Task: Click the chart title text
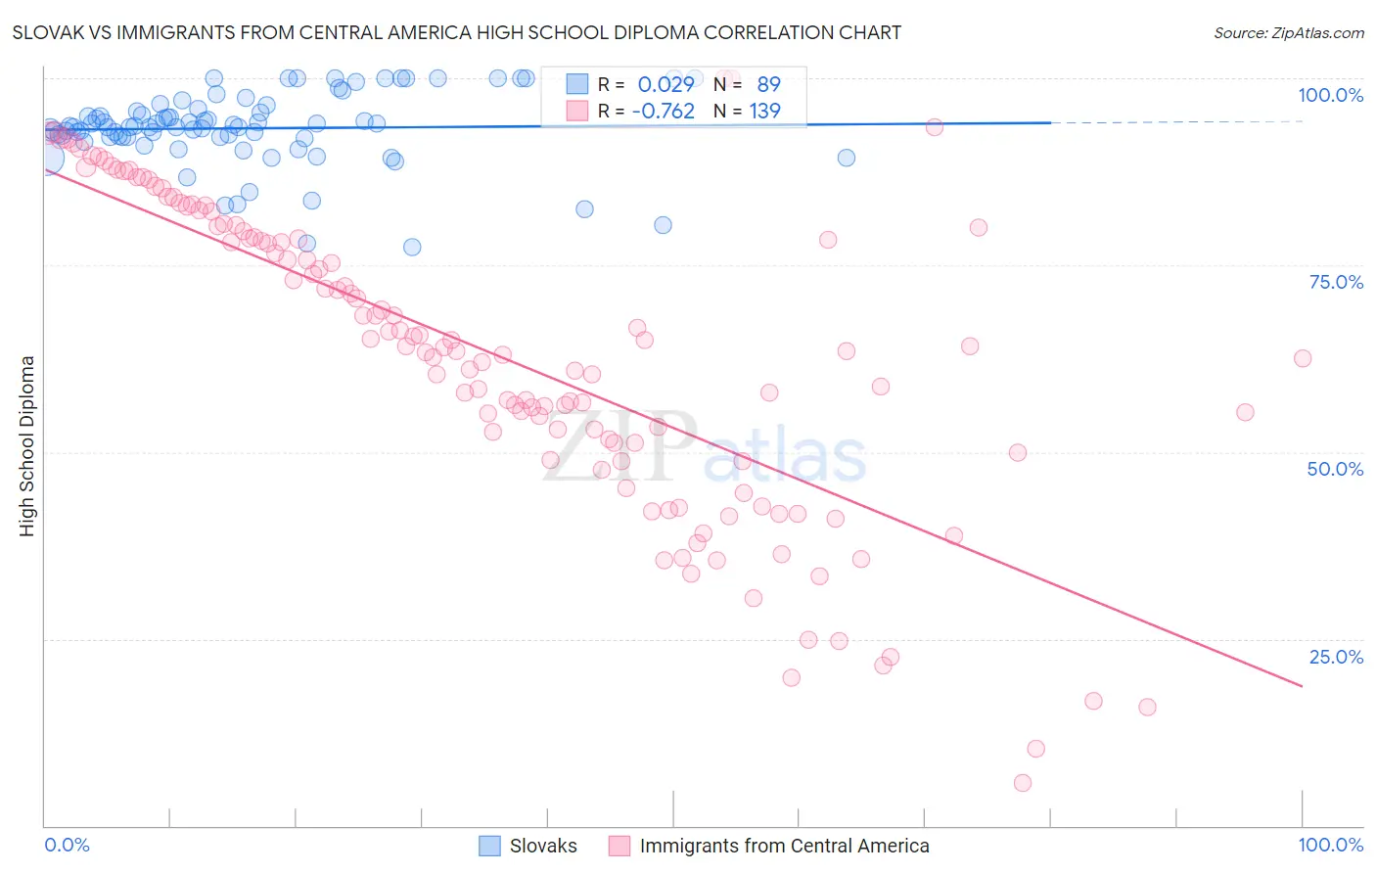pyautogui.click(x=457, y=32)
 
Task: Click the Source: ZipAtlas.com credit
pyautogui.click(x=1288, y=32)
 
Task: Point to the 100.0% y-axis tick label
pyautogui.click(x=1330, y=95)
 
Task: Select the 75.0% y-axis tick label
pyautogui.click(x=1336, y=282)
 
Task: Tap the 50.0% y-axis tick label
pyautogui.click(x=1335, y=469)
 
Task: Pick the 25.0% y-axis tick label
pyautogui.click(x=1336, y=657)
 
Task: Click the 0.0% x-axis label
pyautogui.click(x=67, y=845)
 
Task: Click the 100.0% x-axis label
pyautogui.click(x=1330, y=845)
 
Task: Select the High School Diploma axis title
pyautogui.click(x=26, y=445)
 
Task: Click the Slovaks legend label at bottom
pyautogui.click(x=543, y=846)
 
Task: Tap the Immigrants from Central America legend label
pyautogui.click(x=784, y=846)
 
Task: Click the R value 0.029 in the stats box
pyautogui.click(x=665, y=84)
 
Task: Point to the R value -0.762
pyautogui.click(x=663, y=112)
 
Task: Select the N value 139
pyautogui.click(x=764, y=112)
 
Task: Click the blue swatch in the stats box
pyautogui.click(x=577, y=84)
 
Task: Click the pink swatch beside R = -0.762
pyautogui.click(x=577, y=112)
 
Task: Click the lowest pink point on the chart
pyautogui.click(x=1023, y=783)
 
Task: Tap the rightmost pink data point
pyautogui.click(x=1303, y=358)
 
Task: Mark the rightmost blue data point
pyautogui.click(x=847, y=158)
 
